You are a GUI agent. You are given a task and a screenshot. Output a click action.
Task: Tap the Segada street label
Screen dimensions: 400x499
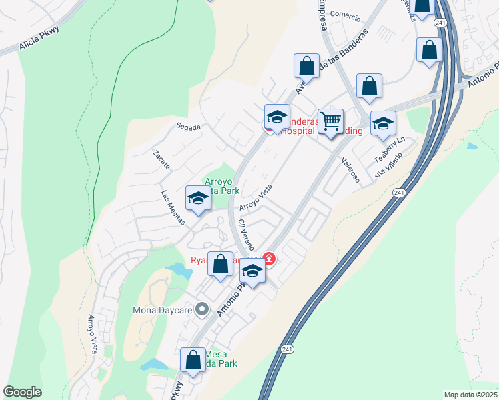(188, 127)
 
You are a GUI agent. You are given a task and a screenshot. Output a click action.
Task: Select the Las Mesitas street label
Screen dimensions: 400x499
(173, 207)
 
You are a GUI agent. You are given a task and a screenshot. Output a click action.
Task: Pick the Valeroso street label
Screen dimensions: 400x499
(350, 170)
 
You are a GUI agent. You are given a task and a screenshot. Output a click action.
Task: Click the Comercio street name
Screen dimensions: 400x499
(344, 17)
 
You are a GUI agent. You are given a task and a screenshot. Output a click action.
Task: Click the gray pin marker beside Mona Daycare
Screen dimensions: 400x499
(204, 310)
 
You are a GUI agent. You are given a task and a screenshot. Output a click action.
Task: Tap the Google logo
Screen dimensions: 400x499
(22, 392)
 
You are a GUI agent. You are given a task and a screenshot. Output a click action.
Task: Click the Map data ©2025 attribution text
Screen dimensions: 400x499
(471, 395)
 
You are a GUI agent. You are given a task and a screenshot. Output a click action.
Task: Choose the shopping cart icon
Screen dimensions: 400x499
(330, 121)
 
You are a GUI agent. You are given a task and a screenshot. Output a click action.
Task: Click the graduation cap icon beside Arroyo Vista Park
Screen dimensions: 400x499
(197, 199)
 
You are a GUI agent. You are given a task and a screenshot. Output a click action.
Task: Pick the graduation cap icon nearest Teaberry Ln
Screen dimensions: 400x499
(383, 123)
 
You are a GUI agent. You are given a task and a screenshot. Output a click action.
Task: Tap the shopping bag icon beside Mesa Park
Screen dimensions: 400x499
(193, 360)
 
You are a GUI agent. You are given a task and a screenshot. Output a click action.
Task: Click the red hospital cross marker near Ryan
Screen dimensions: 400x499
(269, 258)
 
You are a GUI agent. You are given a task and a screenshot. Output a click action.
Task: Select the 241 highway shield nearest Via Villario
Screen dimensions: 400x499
(398, 193)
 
